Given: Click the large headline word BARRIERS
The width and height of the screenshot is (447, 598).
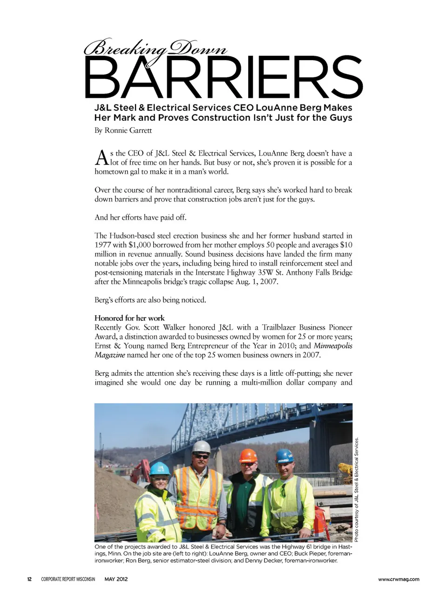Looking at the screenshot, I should pos(223,77).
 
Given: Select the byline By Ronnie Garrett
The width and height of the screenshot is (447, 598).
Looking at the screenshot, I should pos(123,130).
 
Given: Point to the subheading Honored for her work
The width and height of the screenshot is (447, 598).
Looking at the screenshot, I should pos(129,318).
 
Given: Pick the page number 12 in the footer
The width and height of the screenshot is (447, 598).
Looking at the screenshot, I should pos(29,579).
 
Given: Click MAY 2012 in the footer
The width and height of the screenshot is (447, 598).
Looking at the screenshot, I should pos(116,579).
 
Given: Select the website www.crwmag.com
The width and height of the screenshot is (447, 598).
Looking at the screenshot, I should pos(399,579).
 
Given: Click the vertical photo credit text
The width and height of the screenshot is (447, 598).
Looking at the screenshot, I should pos(356,489).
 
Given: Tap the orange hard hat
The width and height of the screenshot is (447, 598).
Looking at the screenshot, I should pos(248,455).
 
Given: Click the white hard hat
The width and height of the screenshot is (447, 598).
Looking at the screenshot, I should pos(201,447).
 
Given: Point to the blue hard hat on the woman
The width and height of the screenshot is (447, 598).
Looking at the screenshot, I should pos(160,468).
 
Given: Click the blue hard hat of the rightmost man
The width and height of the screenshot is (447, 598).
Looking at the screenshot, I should pos(284,455).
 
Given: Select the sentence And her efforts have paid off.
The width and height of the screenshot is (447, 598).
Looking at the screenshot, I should pos(140,217).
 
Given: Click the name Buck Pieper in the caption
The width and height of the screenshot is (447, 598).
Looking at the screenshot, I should pos(310,554).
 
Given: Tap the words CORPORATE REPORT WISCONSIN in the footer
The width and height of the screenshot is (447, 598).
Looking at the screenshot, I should pos(68,579).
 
